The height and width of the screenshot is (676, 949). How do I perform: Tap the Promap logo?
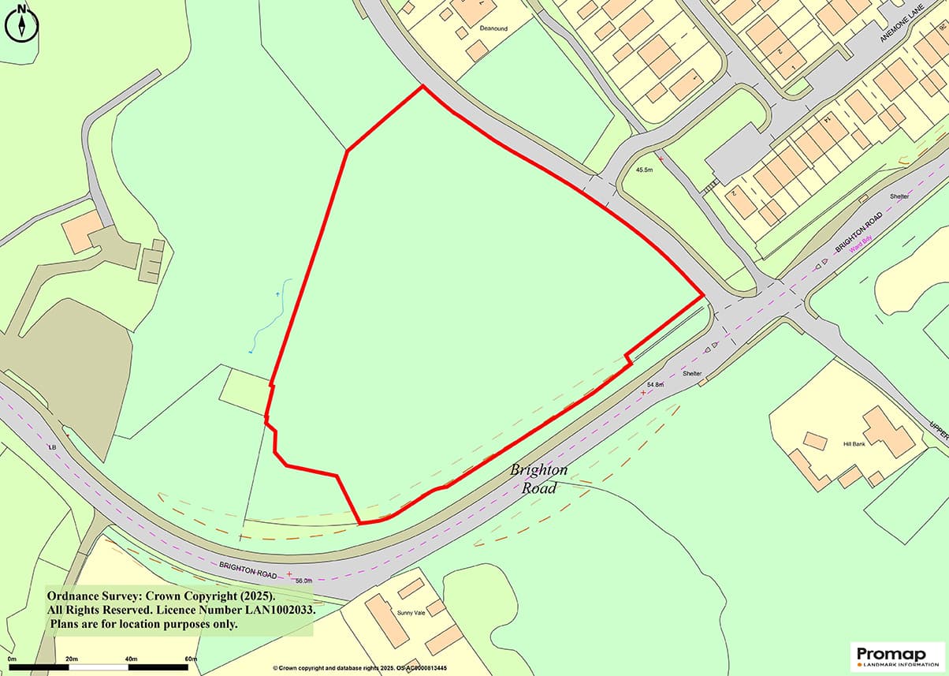point(899,655)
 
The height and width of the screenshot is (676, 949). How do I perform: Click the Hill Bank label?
point(854,444)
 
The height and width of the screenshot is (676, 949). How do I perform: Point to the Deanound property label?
point(493,28)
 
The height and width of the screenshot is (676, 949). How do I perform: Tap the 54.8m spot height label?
point(655,384)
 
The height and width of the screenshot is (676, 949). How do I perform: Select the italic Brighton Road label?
point(538,479)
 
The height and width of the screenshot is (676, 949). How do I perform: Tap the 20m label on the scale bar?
point(71,659)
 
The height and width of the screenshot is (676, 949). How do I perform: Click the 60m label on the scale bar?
point(190,659)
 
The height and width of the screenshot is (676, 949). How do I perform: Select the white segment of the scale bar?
point(100,667)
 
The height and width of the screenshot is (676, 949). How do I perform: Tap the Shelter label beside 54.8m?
point(692,373)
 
